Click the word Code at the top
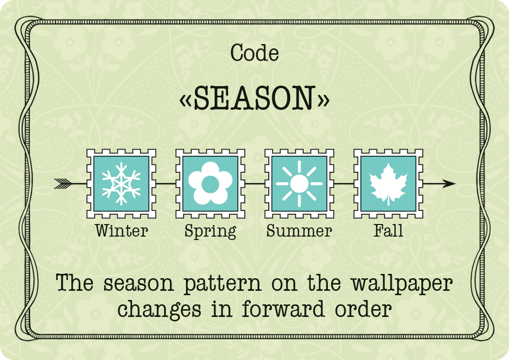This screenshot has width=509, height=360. click(x=255, y=53)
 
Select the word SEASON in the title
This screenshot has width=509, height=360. click(x=254, y=98)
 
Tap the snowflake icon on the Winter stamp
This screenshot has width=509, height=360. click(x=121, y=183)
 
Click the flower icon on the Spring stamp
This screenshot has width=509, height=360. click(x=210, y=183)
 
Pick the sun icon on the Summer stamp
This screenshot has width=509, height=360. click(x=299, y=183)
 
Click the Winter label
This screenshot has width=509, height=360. click(x=122, y=231)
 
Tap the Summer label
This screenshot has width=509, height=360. click(x=299, y=231)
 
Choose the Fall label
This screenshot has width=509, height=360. click(x=388, y=231)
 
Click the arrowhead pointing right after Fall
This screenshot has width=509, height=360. click(x=449, y=183)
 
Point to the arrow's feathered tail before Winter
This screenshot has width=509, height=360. click(x=62, y=183)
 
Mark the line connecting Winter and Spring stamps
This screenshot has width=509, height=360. click(x=166, y=183)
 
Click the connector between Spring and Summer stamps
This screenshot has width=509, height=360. click(x=255, y=183)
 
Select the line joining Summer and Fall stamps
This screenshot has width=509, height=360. click(x=344, y=183)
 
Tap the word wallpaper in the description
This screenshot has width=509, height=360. click(x=402, y=284)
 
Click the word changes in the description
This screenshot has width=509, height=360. click(x=159, y=310)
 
